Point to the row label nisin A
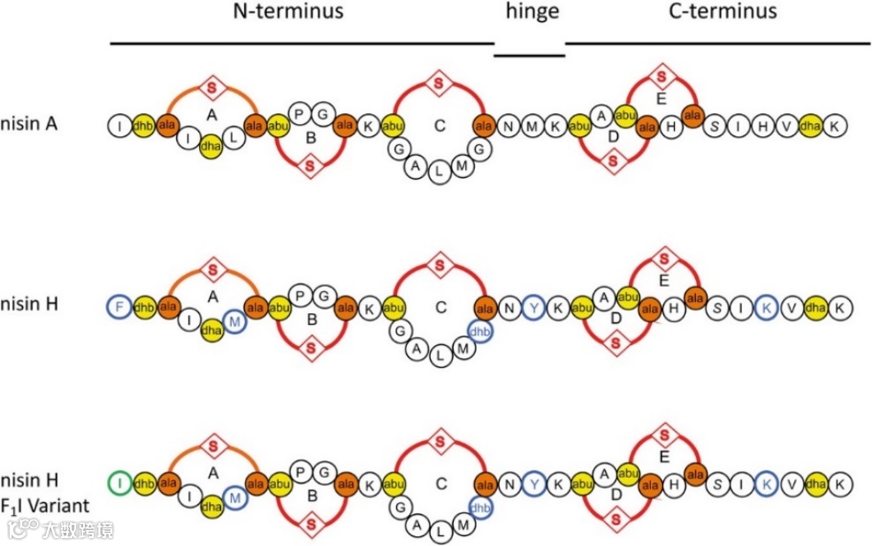[x=29, y=125]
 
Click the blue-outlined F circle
[x=119, y=306]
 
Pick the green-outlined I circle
[x=119, y=483]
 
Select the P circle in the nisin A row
[x=300, y=114]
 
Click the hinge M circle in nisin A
[x=532, y=127]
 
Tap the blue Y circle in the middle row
[x=532, y=307]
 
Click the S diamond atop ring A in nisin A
[x=211, y=87]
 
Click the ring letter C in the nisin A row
[x=440, y=126]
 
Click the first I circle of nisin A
[x=119, y=127]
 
